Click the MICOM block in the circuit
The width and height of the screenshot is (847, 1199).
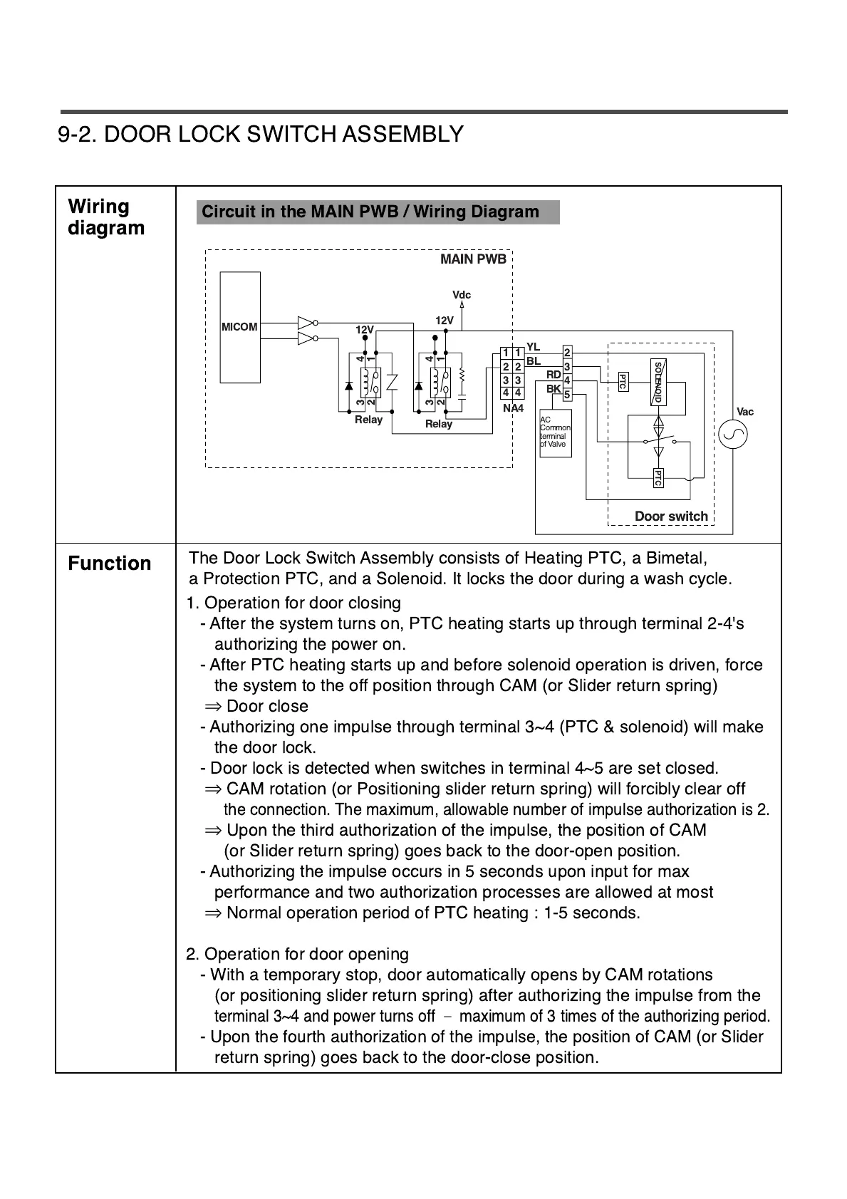click(240, 327)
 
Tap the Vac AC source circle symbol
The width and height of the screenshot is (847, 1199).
click(733, 435)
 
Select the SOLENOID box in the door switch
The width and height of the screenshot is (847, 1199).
click(658, 383)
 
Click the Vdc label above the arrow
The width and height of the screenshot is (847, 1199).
click(462, 295)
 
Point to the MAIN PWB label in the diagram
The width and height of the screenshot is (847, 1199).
click(473, 259)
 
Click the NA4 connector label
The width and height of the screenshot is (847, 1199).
click(513, 408)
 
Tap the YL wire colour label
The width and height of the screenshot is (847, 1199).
click(533, 347)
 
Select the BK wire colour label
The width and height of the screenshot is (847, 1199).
click(554, 389)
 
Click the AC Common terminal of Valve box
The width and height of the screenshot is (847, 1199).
click(555, 432)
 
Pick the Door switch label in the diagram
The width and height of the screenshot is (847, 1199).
click(671, 516)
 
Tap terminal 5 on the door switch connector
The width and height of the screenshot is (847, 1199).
click(567, 395)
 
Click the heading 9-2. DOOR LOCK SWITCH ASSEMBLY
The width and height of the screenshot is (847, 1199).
click(261, 134)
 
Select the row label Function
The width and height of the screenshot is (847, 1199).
click(110, 564)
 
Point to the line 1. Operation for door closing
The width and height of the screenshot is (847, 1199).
click(293, 603)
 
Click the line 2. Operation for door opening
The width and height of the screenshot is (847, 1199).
click(297, 954)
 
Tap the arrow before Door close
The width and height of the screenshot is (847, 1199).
click(213, 707)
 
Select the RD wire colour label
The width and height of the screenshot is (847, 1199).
click(554, 375)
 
